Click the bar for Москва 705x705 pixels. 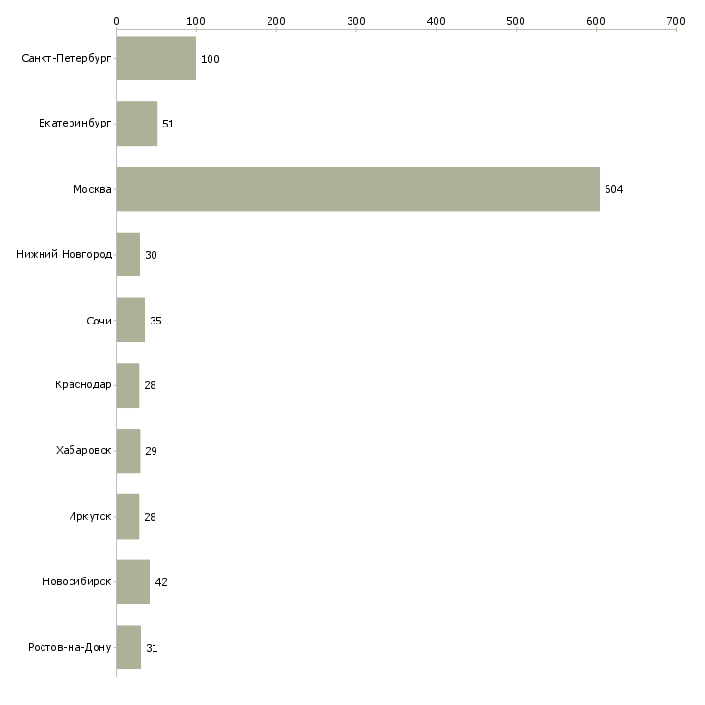(358, 189)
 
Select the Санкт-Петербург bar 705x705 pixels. (156, 58)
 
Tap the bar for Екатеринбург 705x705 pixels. (137, 124)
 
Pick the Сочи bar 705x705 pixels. (130, 320)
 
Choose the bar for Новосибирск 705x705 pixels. (133, 581)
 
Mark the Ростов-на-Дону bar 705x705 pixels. (128, 647)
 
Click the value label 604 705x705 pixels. (613, 189)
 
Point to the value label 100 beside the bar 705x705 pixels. (210, 59)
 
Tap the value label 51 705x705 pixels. (168, 124)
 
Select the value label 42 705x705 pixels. (161, 582)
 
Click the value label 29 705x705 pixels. (151, 451)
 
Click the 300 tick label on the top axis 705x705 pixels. (356, 21)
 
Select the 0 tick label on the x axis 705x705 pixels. (117, 21)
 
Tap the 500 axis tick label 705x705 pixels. (516, 21)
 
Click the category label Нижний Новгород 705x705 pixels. (65, 255)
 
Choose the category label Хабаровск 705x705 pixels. (84, 450)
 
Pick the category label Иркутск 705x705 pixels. (90, 516)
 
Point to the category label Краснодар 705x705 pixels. (83, 385)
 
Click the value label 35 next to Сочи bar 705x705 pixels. (155, 321)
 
